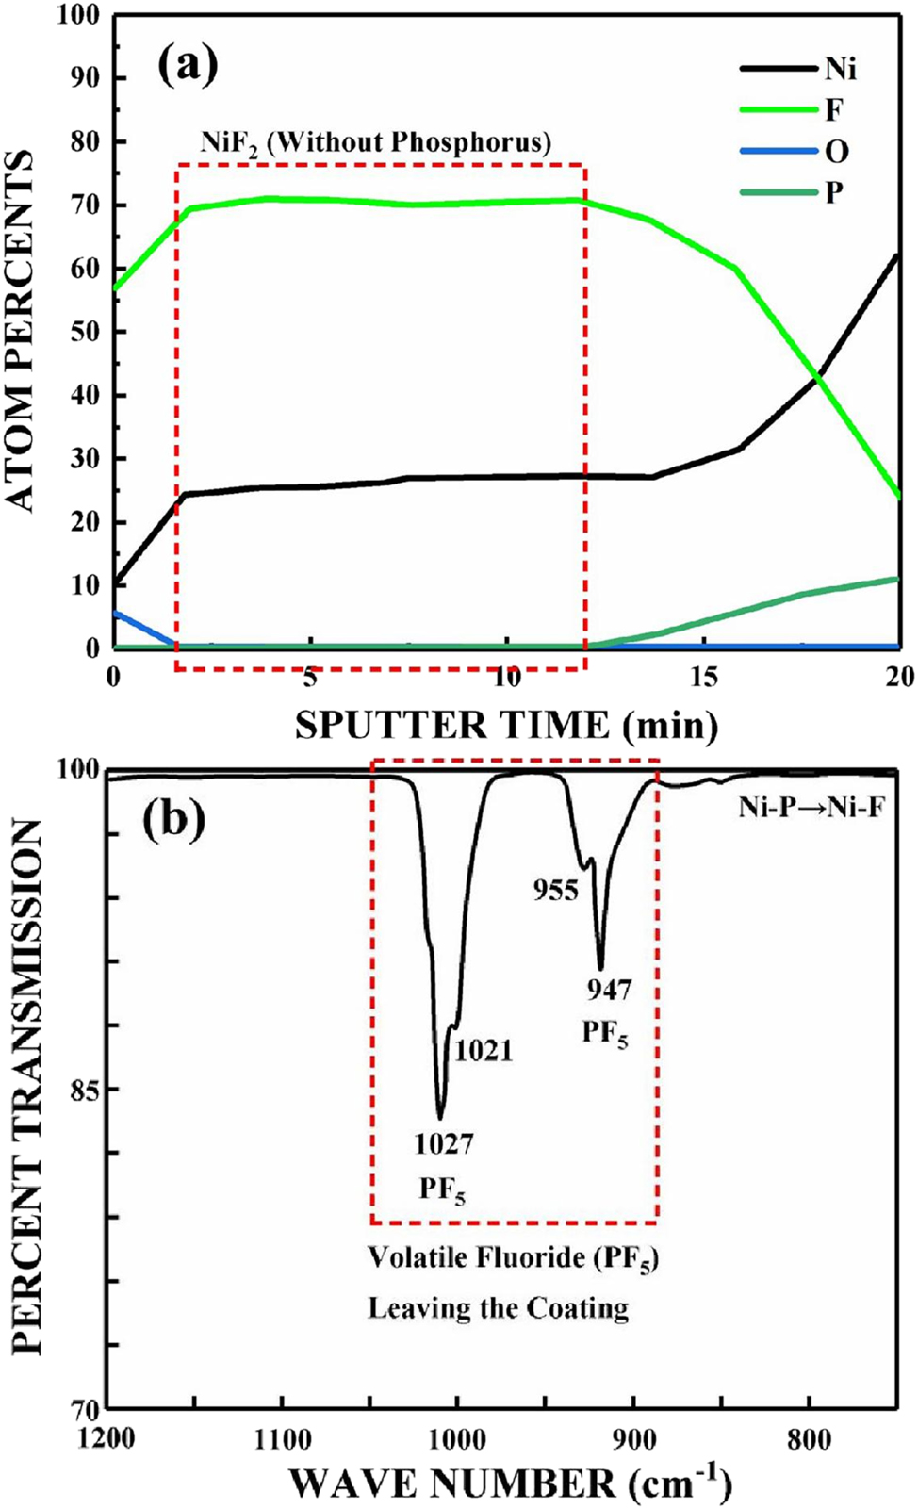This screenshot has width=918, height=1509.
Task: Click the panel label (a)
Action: (188, 65)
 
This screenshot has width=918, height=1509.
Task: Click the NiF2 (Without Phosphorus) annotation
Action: (375, 142)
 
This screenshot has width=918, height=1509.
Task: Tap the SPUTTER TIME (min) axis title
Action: (506, 725)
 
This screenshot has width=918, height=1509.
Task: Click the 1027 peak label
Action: (444, 1144)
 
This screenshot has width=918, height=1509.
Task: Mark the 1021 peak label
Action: (484, 1050)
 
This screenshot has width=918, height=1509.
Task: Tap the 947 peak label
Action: (609, 990)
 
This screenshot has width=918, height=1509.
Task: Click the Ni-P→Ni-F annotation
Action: (811, 807)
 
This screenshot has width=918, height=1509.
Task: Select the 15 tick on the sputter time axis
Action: (704, 677)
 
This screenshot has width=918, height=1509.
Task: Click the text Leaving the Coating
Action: (498, 1308)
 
